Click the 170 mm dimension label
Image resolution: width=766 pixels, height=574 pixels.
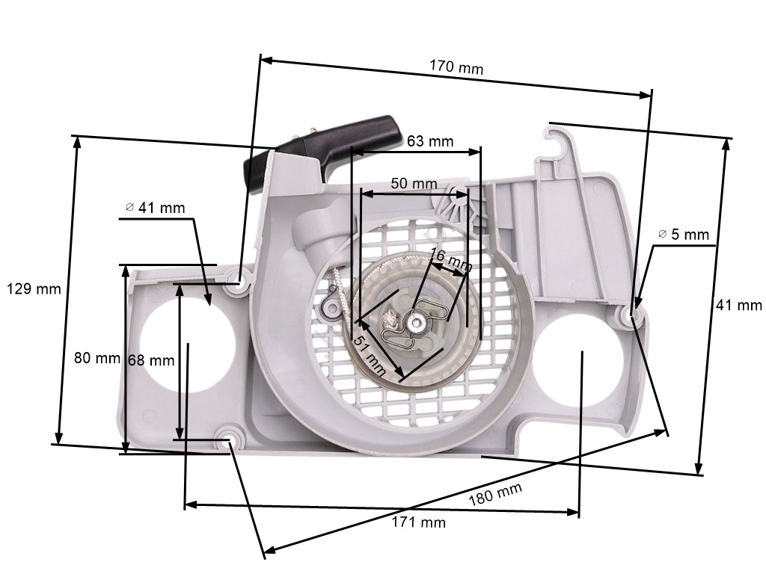click(x=456, y=67)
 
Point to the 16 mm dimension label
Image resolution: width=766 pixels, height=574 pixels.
click(x=452, y=260)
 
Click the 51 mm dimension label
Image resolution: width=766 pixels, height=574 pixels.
click(x=369, y=353)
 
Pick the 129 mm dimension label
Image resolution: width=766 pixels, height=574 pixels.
click(x=33, y=288)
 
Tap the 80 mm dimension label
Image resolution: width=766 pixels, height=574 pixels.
click(x=97, y=358)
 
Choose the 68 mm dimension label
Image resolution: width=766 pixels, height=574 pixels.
click(x=151, y=360)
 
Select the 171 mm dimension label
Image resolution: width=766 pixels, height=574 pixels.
click(x=419, y=522)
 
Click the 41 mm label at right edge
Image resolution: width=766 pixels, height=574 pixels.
click(x=739, y=305)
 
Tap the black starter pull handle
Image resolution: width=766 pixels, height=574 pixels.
click(x=329, y=146)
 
